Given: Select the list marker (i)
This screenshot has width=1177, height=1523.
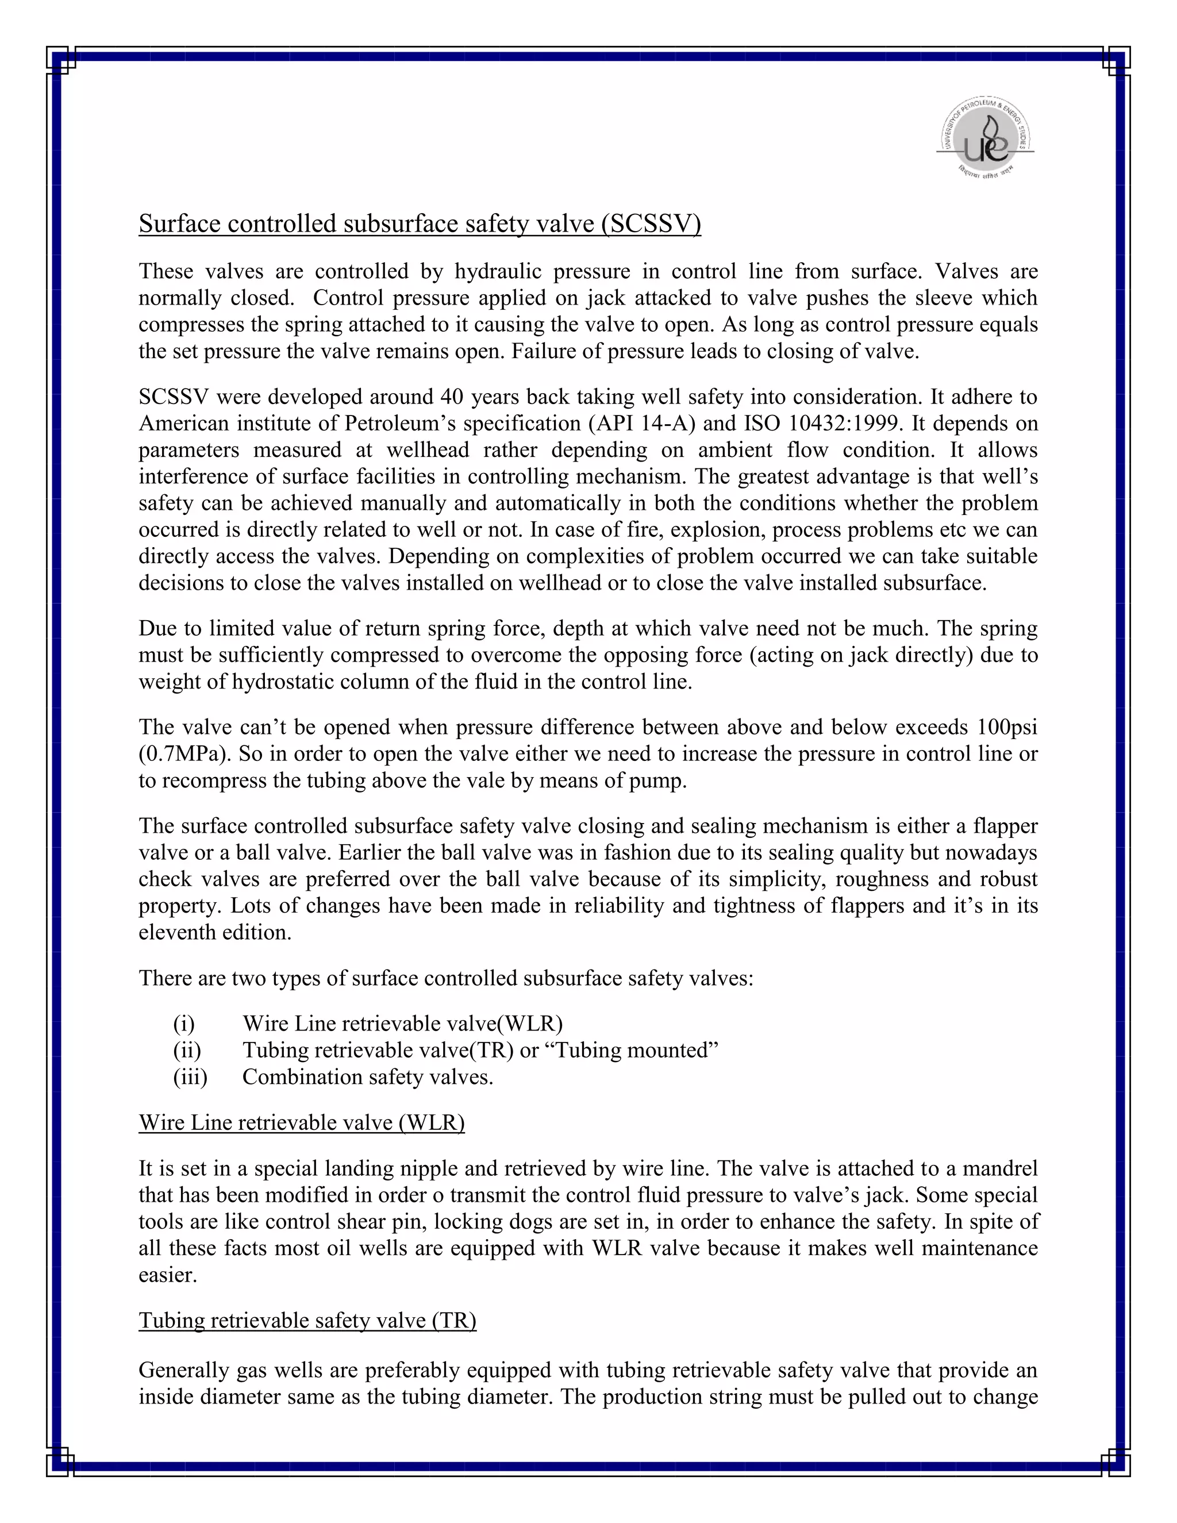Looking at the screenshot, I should tap(184, 1024).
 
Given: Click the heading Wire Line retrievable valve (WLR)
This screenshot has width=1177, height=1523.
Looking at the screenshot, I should tap(301, 1123).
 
